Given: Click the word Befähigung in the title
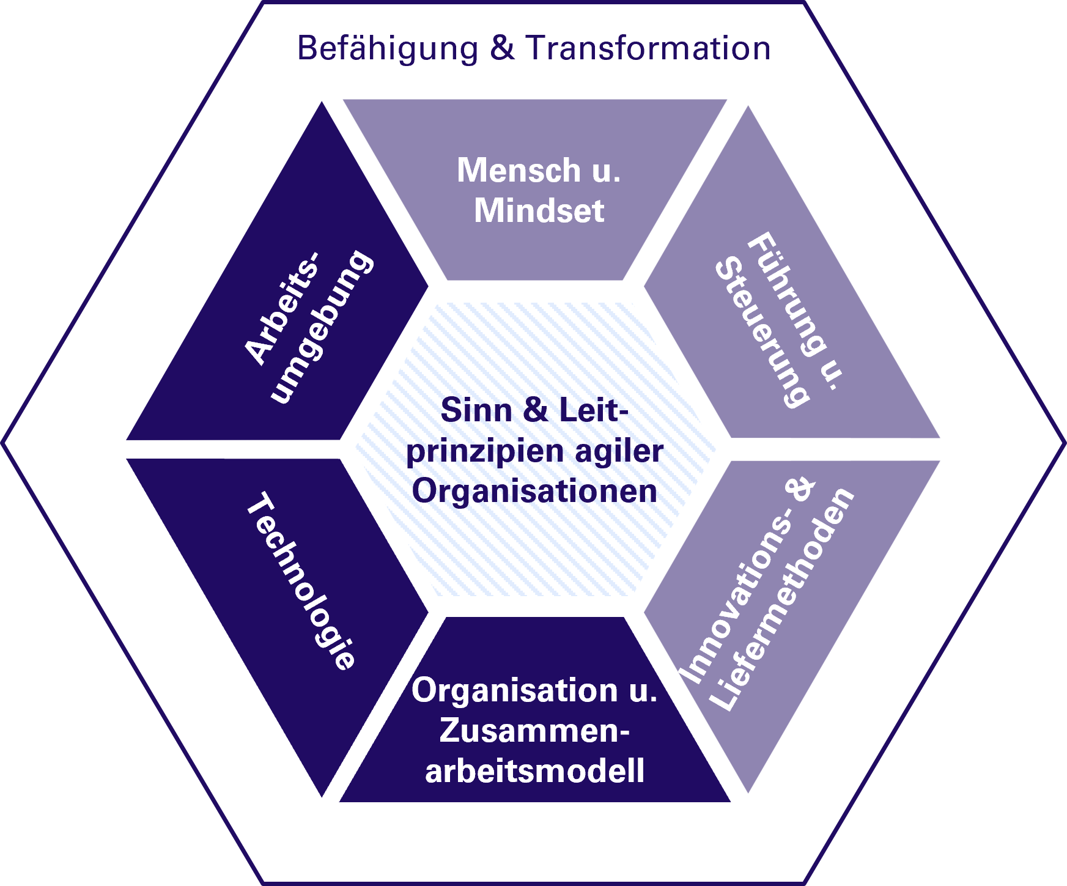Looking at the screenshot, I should click(x=387, y=49).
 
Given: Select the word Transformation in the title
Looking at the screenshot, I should click(x=648, y=48).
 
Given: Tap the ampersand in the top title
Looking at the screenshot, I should click(x=502, y=48).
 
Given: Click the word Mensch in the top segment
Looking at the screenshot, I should click(x=519, y=170).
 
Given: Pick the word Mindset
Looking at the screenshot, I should click(x=539, y=211).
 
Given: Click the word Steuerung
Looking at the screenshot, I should click(x=762, y=333).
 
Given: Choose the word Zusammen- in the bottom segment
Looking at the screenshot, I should click(x=534, y=731).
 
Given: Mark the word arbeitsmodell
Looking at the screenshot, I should click(x=534, y=770).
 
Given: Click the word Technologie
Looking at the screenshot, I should click(x=300, y=581).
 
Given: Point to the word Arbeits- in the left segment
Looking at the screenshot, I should click(x=282, y=308).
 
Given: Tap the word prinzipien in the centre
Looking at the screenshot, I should click(x=484, y=451).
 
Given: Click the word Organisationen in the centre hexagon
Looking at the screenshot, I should click(x=534, y=491).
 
